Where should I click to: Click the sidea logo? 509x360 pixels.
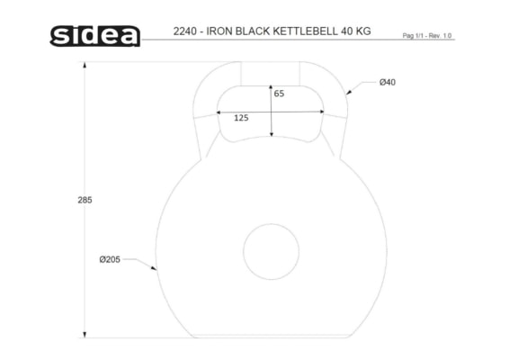[x=94, y=36]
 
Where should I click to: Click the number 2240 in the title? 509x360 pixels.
[x=184, y=31]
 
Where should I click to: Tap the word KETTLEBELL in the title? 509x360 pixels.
[x=305, y=31]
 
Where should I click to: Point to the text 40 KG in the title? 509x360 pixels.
[x=356, y=31]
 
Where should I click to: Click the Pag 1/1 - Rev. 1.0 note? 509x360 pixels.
[x=427, y=35]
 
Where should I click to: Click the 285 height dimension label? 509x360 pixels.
[x=85, y=200]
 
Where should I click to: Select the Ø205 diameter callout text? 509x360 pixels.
[x=110, y=259]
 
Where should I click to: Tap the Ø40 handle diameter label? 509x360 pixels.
[x=388, y=82]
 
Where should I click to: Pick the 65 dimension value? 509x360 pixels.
[x=279, y=94]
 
